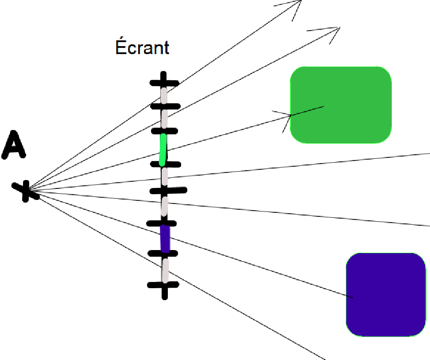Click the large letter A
(x=14, y=148)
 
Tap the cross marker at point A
(x=26, y=191)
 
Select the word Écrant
(x=142, y=47)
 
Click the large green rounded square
(x=341, y=105)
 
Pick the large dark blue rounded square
(x=385, y=294)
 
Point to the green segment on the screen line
(x=163, y=149)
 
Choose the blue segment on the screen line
(x=165, y=239)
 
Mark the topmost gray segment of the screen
(x=164, y=95)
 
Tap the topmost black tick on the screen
(x=164, y=82)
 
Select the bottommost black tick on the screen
(x=164, y=285)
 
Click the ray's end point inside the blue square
(x=353, y=297)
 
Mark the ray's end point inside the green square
(x=324, y=106)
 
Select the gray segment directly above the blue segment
(x=164, y=206)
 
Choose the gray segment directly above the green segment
(x=164, y=118)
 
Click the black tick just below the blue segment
(x=163, y=254)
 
